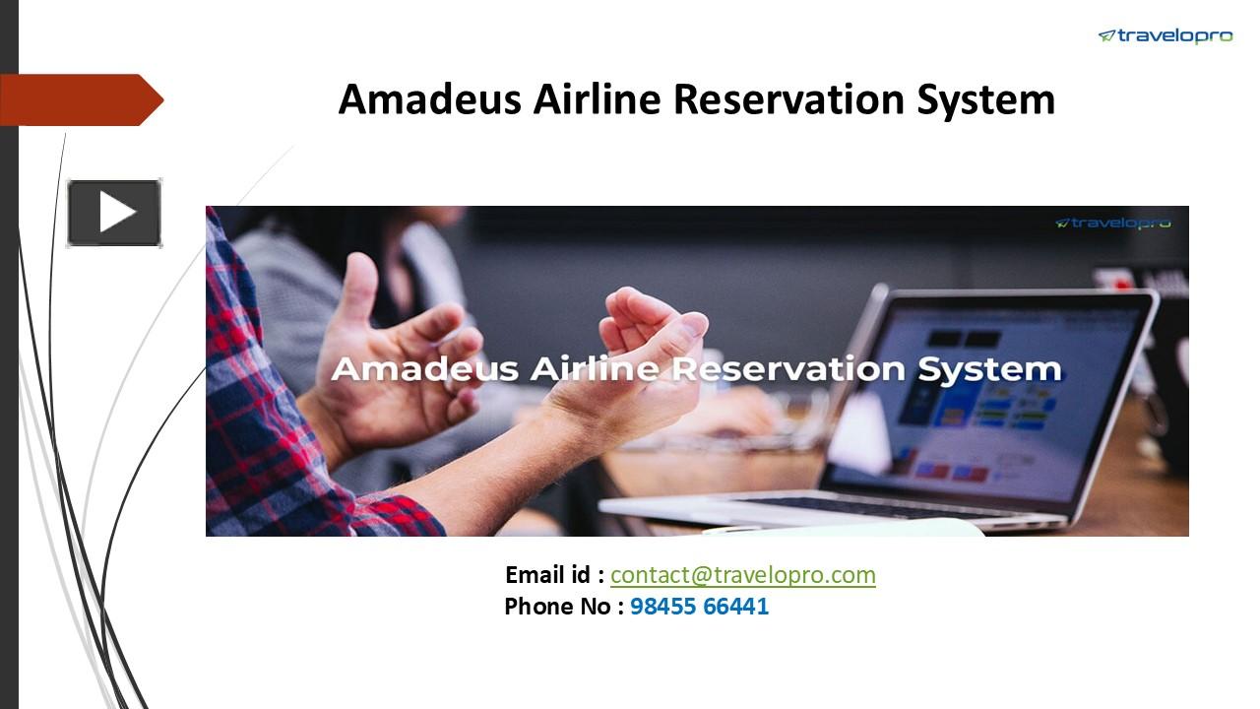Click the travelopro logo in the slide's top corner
[x=1165, y=36]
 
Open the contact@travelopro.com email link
[x=742, y=575]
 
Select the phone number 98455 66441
[x=699, y=607]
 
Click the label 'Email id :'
[x=554, y=575]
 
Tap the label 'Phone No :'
[x=564, y=607]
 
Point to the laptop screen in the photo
[x=994, y=394]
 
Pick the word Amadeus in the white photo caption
[x=425, y=369]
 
